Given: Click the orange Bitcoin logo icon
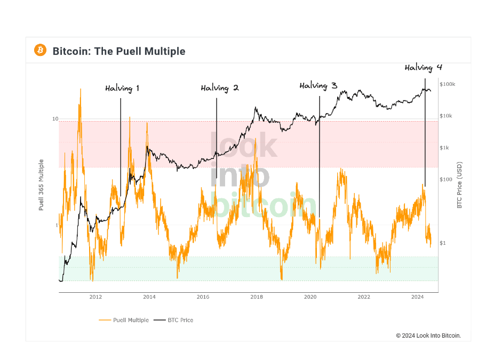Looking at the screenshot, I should pos(40,51).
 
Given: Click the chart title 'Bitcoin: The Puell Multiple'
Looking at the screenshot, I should pos(119,51).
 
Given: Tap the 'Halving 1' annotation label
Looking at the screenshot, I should pos(122,89).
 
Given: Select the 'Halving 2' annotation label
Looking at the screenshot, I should pos(219,88).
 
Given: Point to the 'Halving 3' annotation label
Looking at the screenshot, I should pos(318,86).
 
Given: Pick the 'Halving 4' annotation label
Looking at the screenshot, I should pos(423,68).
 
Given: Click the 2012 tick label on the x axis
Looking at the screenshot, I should pos(95,297).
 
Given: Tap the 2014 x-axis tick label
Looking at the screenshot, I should pos(149,297).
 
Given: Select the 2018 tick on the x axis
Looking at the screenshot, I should pos(257,297).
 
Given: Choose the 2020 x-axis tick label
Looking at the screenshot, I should pos(310,297).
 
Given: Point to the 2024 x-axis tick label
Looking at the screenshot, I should pos(418,297).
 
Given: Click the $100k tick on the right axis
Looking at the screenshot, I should pos(447,84).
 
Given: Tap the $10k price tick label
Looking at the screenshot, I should pos(446,116).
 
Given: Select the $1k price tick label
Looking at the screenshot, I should pos(444,148).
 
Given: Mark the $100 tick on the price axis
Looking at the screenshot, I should pos(445,180).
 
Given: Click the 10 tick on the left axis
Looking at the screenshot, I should pos(55,119).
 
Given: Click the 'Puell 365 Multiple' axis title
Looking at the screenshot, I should pos(41,185).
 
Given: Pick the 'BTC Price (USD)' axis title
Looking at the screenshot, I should pos(459,185).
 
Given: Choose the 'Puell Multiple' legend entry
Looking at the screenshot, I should pos(124,320).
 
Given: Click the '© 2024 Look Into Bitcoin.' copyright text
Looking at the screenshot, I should pos(428,335).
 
